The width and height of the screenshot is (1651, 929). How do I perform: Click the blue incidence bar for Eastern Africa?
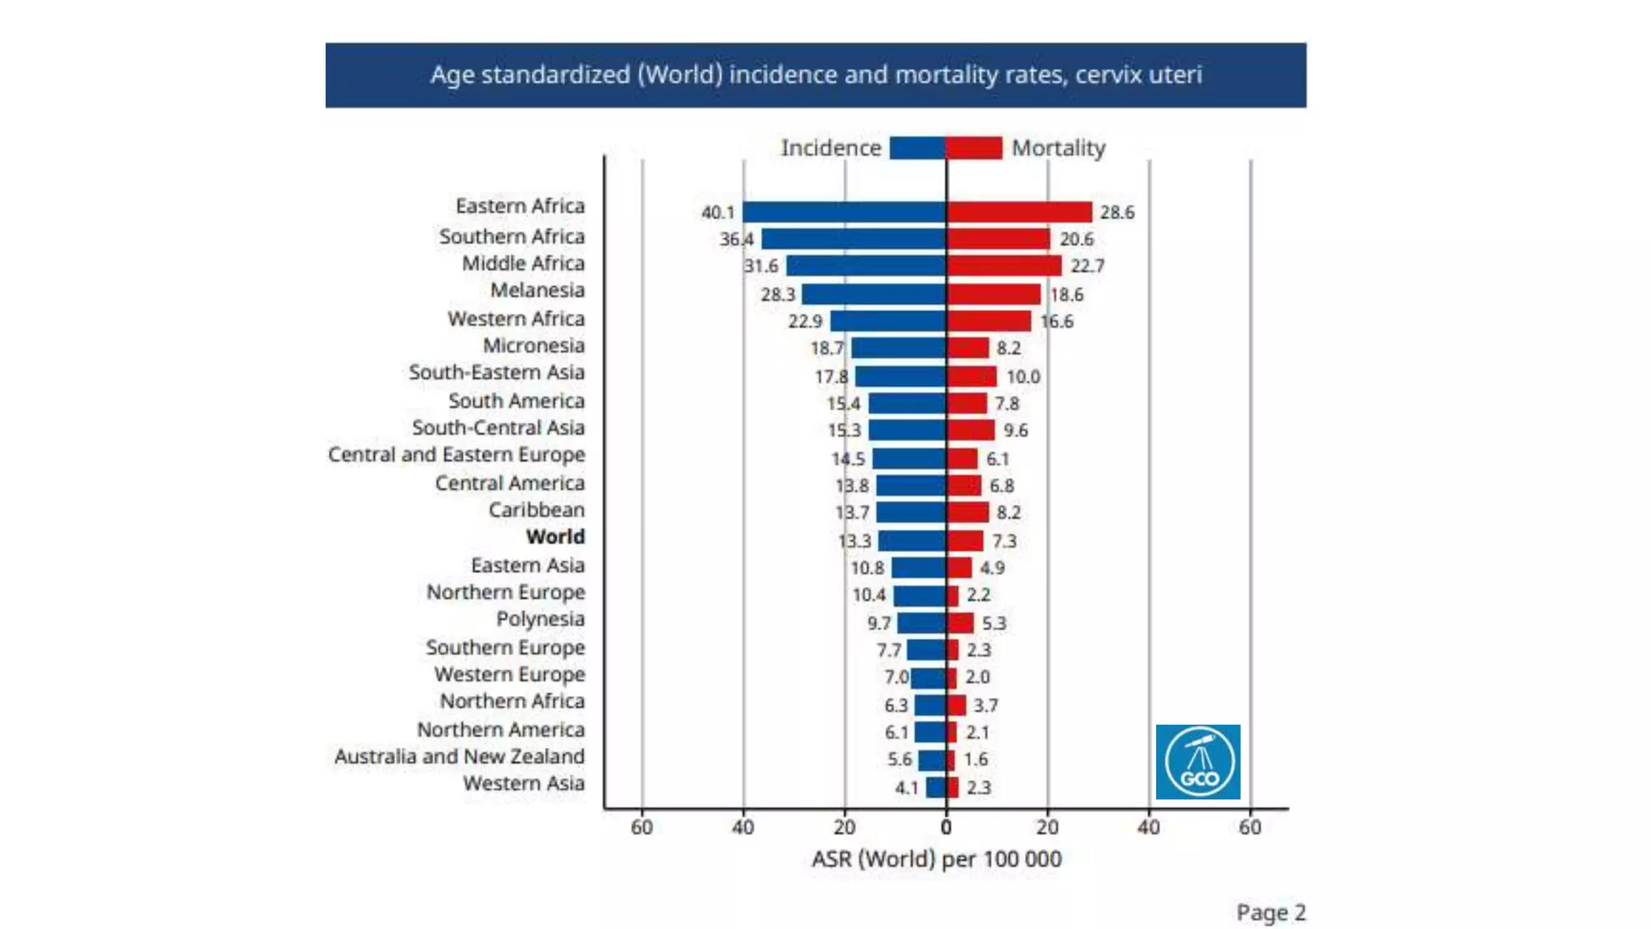(x=843, y=212)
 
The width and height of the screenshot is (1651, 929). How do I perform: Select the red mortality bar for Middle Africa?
(x=1004, y=265)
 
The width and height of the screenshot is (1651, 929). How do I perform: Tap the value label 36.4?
(x=736, y=240)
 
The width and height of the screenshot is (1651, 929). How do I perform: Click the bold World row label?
(x=555, y=537)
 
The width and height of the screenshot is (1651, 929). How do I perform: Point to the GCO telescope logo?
(x=1198, y=762)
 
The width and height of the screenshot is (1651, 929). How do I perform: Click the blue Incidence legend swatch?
(x=917, y=148)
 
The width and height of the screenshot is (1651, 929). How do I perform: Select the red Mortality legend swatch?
(x=975, y=148)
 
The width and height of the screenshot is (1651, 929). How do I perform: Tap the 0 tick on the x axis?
(x=946, y=827)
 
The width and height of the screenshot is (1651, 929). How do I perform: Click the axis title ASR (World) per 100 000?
(x=936, y=860)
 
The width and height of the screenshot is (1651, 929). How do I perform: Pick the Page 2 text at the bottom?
(x=1270, y=913)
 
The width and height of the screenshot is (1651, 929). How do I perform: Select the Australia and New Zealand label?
(x=460, y=757)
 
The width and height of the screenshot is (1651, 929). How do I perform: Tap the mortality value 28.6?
(x=1117, y=213)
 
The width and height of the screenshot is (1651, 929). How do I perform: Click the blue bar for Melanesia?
(x=873, y=294)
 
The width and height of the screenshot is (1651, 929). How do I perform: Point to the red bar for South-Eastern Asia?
(x=971, y=377)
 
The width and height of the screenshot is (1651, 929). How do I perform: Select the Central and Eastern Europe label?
(x=456, y=456)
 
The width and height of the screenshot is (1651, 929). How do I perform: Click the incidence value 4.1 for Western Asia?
(x=906, y=788)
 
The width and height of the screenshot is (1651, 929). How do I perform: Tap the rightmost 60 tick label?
(x=1250, y=827)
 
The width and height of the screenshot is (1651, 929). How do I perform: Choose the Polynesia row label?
(x=540, y=619)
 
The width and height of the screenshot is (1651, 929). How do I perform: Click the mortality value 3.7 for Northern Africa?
(x=985, y=706)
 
